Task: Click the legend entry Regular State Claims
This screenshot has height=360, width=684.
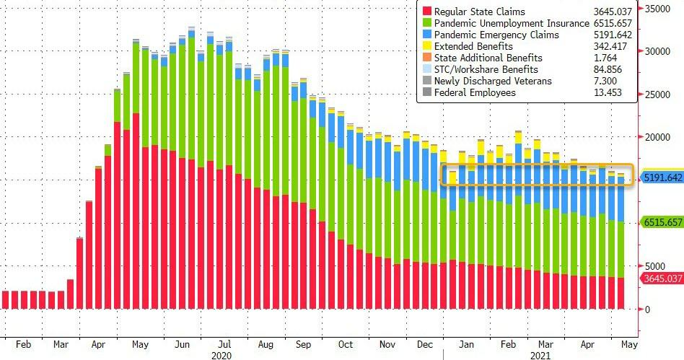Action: click(480, 12)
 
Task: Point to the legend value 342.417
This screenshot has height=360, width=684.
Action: click(610, 46)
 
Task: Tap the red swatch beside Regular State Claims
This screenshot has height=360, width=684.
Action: click(427, 12)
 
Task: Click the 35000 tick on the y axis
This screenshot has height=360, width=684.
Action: click(658, 9)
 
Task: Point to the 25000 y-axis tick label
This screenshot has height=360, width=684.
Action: click(658, 95)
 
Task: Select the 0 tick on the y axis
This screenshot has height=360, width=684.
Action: click(647, 309)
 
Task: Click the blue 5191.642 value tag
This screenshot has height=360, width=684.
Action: click(662, 177)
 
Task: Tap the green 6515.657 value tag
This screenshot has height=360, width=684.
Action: click(662, 222)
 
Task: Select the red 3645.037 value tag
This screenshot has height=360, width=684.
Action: click(662, 278)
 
